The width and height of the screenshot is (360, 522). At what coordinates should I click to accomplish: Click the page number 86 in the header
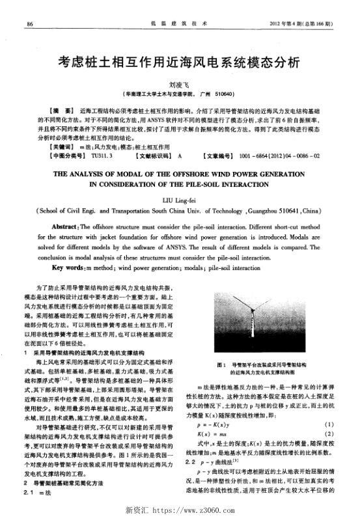tap(30, 25)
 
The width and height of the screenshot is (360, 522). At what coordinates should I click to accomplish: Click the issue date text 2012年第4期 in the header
tap(286, 25)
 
